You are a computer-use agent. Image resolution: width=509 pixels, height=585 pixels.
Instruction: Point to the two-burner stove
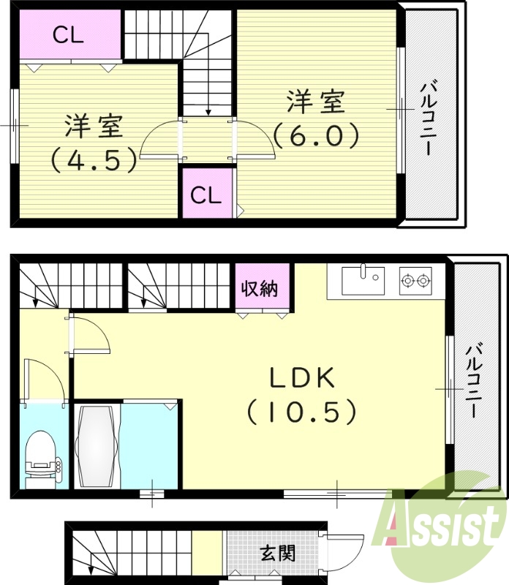(415, 279)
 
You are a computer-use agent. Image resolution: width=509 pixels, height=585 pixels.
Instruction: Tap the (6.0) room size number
(316, 135)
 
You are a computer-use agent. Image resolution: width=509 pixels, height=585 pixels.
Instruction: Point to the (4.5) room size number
(94, 159)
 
